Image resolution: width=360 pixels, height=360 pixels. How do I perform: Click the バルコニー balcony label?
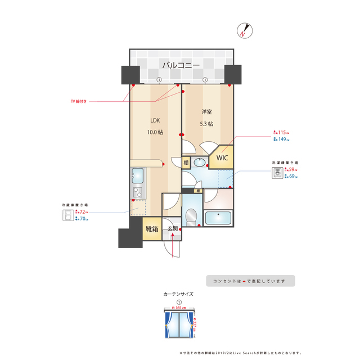click(181, 65)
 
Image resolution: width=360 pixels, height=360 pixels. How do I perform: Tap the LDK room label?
click(155, 120)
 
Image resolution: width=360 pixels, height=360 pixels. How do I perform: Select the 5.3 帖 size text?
click(206, 124)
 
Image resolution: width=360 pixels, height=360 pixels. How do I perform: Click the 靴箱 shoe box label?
click(152, 229)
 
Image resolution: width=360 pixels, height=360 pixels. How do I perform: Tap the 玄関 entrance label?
click(172, 229)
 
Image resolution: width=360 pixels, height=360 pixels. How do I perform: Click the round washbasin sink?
click(200, 163)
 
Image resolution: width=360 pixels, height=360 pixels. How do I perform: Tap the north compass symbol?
click(244, 31)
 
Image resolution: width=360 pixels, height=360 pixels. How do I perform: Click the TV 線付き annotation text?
click(78, 102)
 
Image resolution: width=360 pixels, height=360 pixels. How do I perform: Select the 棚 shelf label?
click(186, 163)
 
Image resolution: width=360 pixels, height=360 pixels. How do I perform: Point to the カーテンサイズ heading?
click(178, 294)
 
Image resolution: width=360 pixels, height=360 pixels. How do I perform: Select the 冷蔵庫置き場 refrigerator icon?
click(68, 215)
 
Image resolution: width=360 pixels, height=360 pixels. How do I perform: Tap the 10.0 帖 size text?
click(155, 132)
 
